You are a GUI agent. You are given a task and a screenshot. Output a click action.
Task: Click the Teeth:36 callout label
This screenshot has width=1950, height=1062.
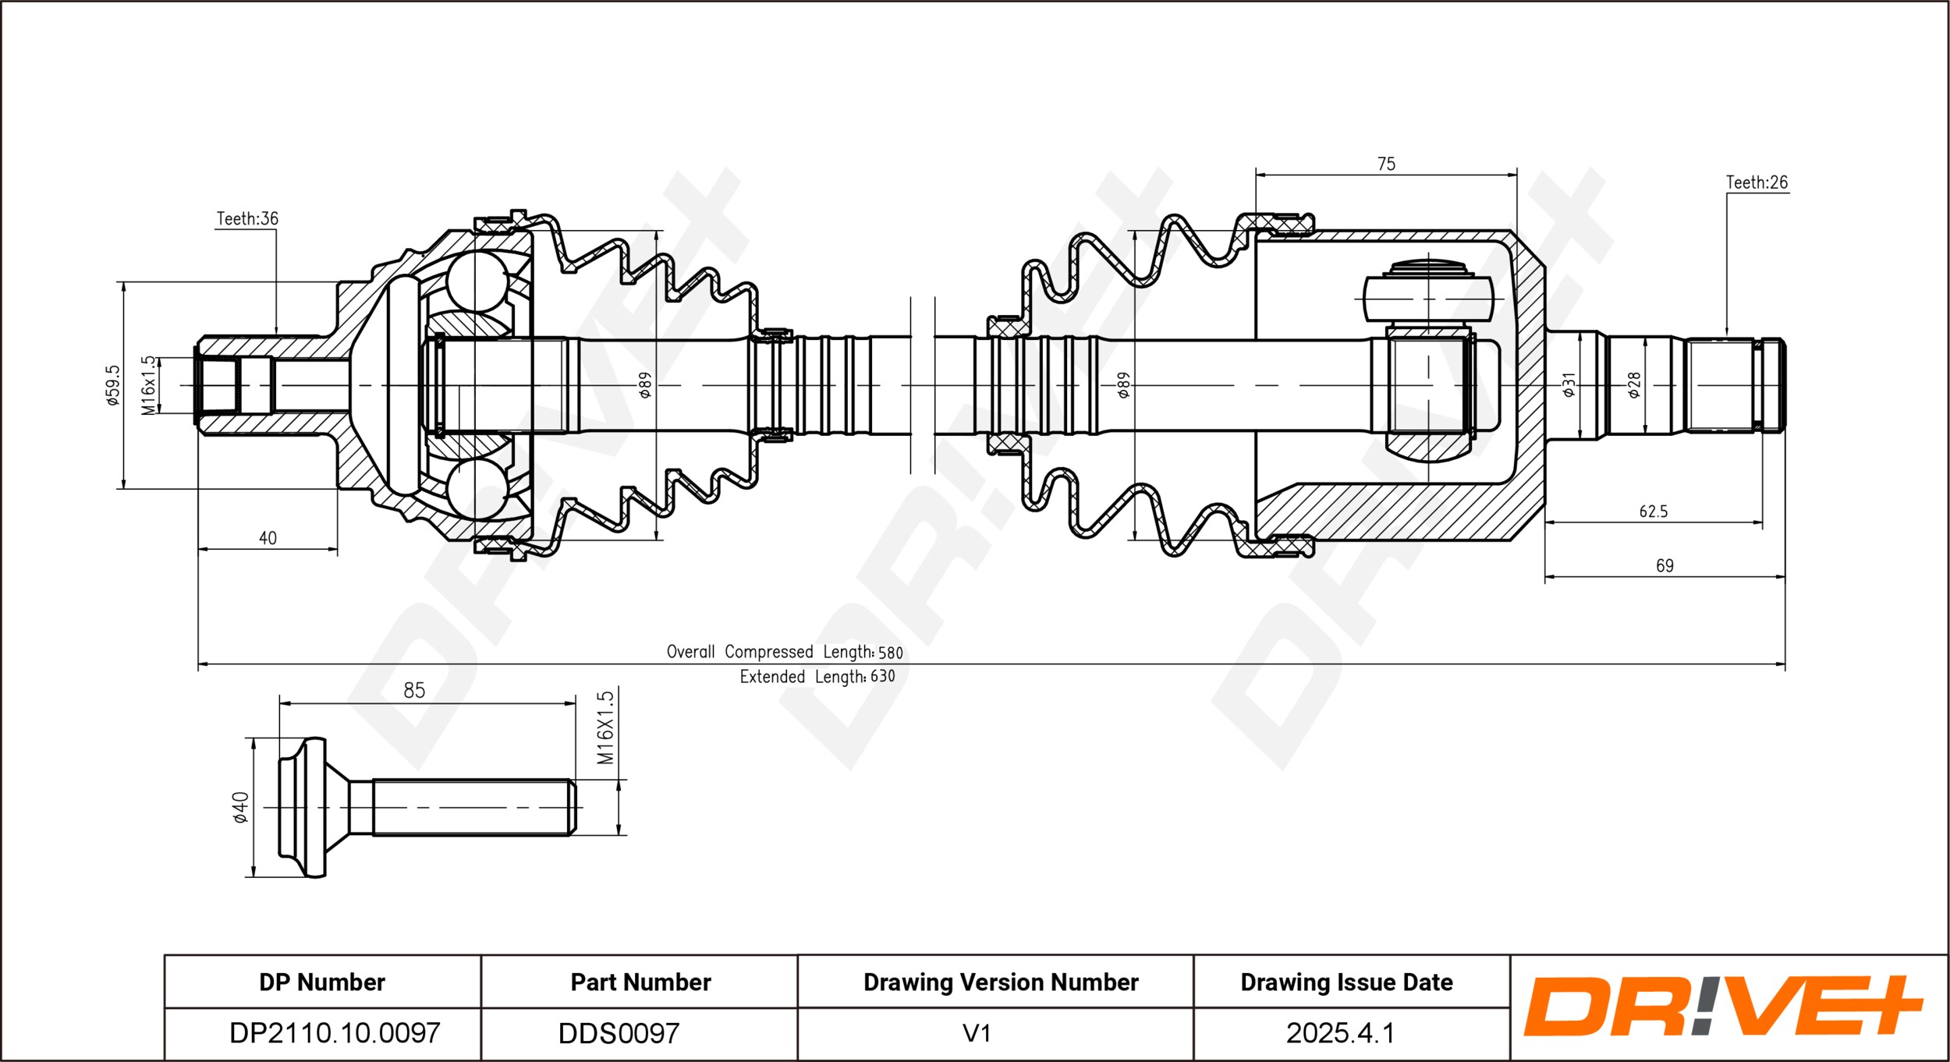[247, 218]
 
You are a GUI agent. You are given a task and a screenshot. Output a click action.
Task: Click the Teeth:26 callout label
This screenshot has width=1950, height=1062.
[1757, 182]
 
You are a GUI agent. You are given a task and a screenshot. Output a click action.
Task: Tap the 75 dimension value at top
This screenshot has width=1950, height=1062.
[1386, 164]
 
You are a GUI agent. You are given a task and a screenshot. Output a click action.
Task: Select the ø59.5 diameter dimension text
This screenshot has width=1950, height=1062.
[113, 385]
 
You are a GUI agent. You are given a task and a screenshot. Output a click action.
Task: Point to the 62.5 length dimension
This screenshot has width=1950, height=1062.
[1653, 512]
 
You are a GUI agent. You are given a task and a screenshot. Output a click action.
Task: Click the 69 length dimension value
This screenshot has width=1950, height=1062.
[1665, 565]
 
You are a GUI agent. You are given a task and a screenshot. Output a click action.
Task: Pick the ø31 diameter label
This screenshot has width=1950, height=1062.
[1569, 384]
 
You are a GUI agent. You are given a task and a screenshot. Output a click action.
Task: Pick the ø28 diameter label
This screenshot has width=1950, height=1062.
[1634, 384]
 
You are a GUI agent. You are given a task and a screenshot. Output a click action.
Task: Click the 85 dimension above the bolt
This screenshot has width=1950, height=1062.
[414, 690]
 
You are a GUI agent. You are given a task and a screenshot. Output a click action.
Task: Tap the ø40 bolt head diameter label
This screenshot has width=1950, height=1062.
[240, 807]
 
